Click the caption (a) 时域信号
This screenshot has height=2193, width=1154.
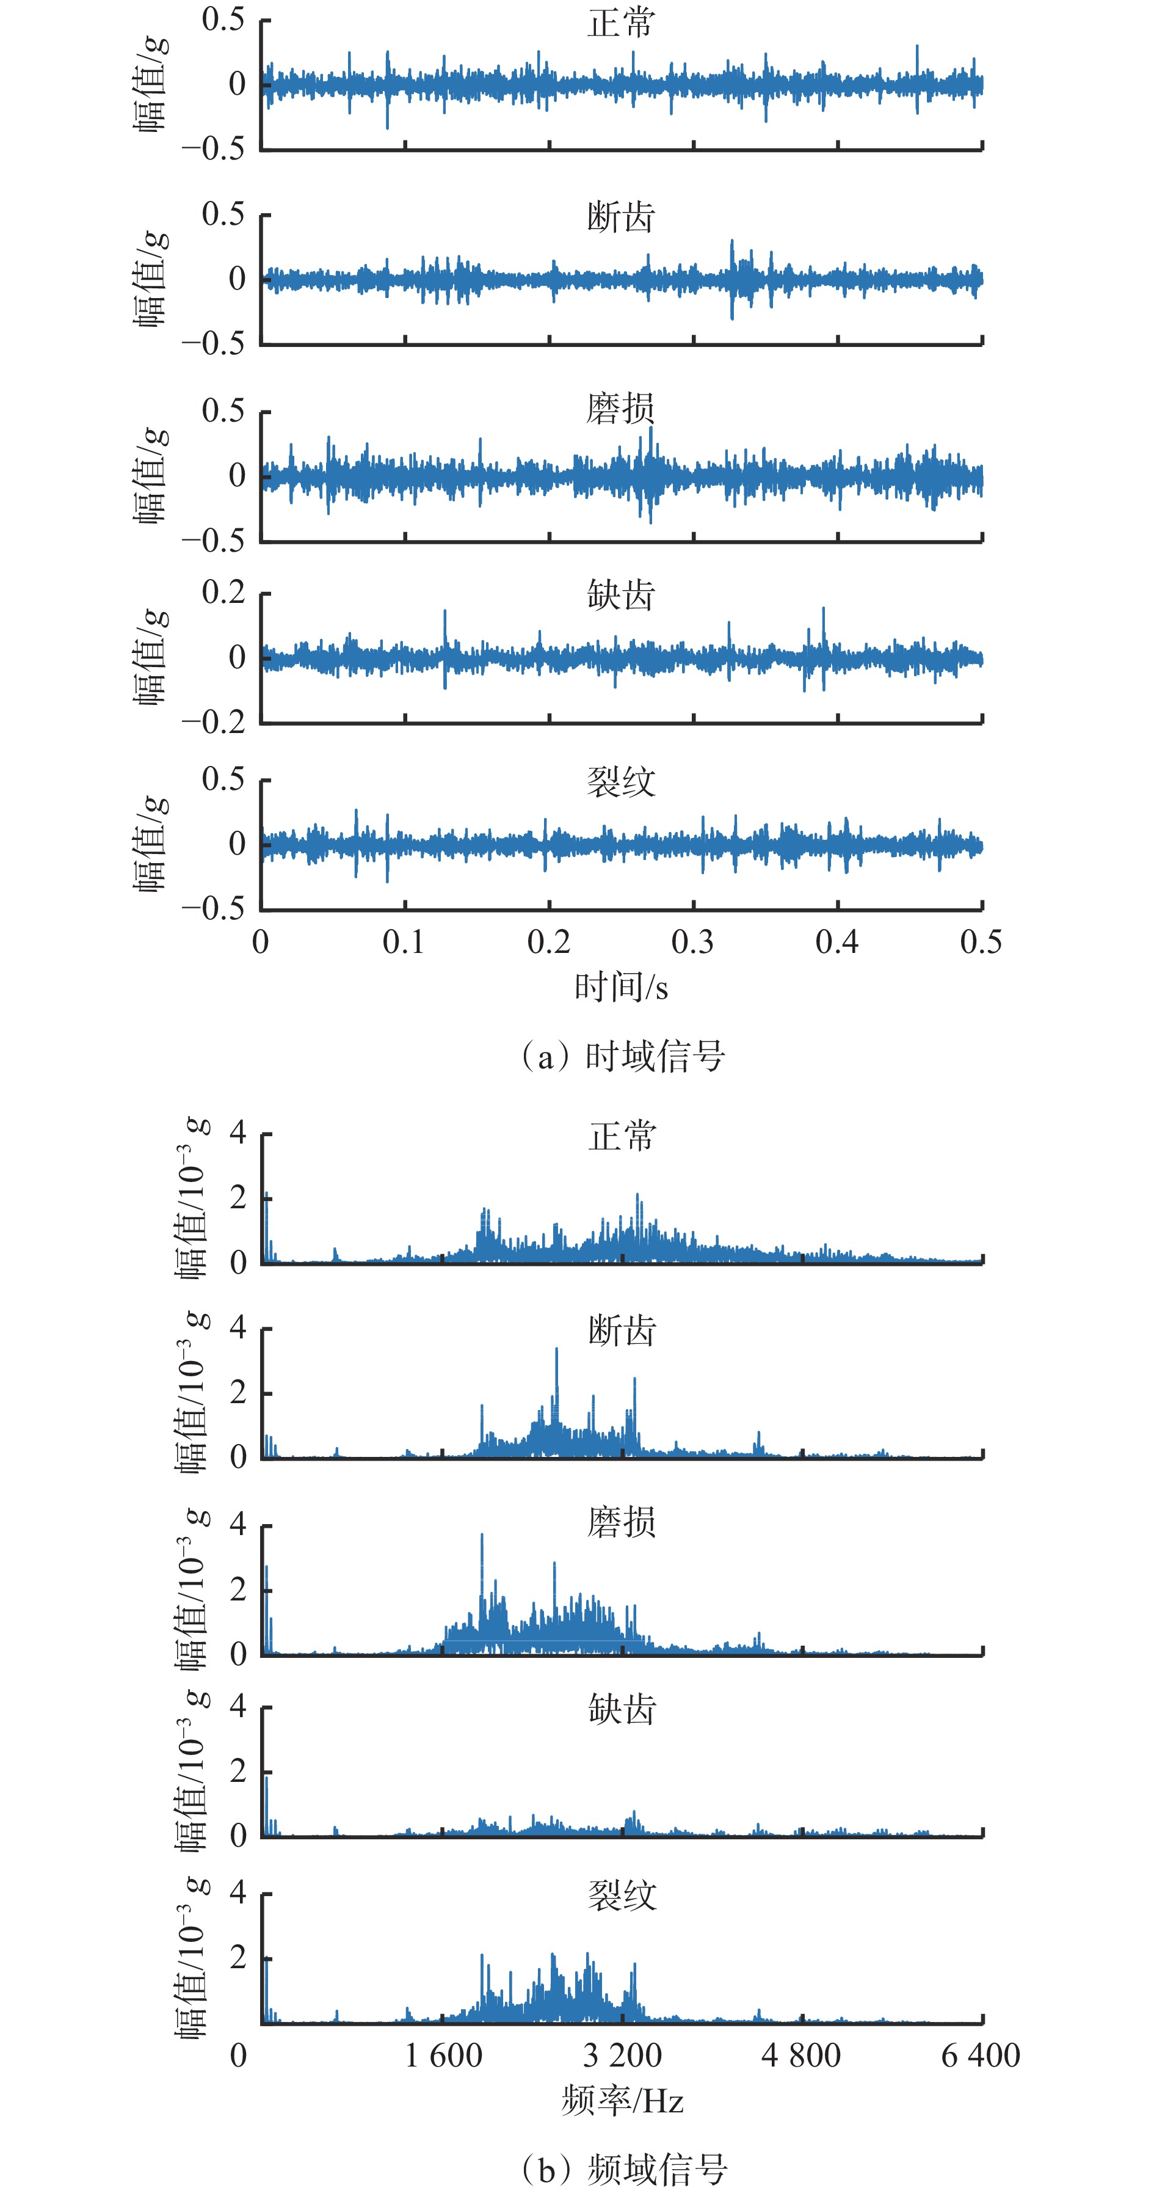[x=622, y=1056]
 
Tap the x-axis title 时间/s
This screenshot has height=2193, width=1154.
[x=621, y=988]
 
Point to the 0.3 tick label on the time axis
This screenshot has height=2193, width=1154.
[x=693, y=941]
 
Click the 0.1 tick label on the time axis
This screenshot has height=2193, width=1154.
[x=404, y=941]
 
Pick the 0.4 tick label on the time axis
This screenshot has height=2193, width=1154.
[x=838, y=941]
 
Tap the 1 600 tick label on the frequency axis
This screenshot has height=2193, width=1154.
[x=443, y=2055]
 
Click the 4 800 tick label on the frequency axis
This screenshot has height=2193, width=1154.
[x=802, y=2055]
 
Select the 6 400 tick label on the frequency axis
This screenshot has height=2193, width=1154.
[x=981, y=2055]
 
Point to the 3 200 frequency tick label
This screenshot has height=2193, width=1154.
[x=622, y=2055]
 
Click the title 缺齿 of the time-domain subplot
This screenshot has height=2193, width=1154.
[x=621, y=595]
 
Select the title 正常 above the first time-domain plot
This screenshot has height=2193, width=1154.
[x=621, y=23]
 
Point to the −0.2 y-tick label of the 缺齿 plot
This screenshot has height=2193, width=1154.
[x=214, y=722]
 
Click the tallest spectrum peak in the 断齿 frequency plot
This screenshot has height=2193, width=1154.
[x=557, y=1350]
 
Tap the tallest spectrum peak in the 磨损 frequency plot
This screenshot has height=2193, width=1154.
[x=482, y=1536]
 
